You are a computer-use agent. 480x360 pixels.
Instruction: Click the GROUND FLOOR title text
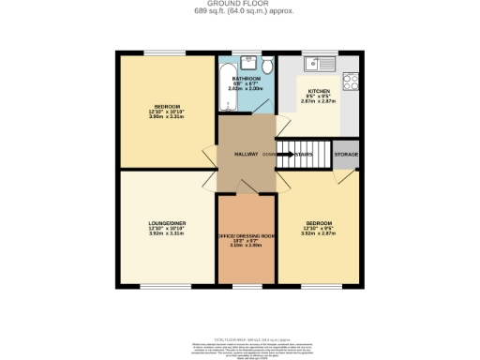click(239, 5)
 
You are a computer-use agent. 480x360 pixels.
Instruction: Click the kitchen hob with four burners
click(352, 81)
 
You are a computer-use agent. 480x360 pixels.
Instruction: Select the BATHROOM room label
click(247, 79)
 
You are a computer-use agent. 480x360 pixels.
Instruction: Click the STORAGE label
click(346, 155)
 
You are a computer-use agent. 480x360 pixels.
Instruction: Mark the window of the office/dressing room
click(246, 284)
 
